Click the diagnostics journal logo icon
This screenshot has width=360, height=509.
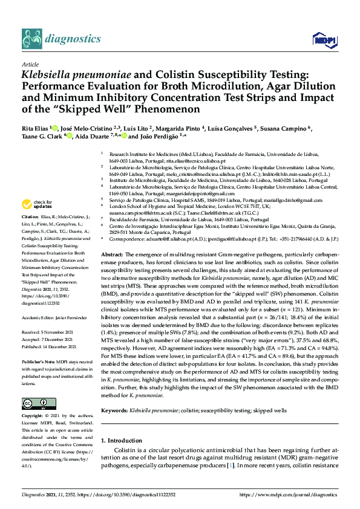point(33,38)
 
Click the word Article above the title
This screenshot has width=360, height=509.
point(30,64)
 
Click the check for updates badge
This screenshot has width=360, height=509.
point(37,204)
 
